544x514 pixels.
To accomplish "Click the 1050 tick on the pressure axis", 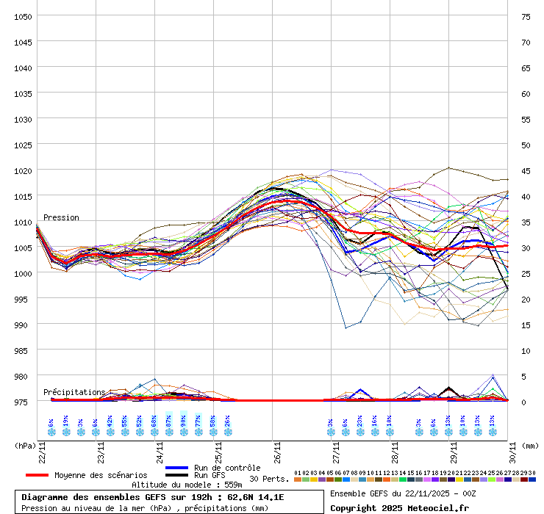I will coord(22,16).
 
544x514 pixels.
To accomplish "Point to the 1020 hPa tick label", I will coord(22,170).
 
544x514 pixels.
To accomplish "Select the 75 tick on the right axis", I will coord(526,16).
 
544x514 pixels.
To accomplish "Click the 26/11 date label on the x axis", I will coord(277,449).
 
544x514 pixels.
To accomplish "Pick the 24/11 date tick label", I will coord(160,449).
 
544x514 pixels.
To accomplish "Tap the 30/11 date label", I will coord(512,449).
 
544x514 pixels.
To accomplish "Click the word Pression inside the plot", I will coord(61,218).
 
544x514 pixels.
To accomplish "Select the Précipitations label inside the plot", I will coord(74,393).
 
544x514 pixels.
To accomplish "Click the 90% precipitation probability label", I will coord(183,422).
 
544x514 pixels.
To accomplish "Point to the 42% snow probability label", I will coord(110,422).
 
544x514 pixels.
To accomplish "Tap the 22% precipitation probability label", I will coord(359,422).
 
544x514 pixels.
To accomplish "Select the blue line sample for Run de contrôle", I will coord(177,468).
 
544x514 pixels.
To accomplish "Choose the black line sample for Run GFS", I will coord(177,475).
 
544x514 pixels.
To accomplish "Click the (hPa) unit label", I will coord(25,445).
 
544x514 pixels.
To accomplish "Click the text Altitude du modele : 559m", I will coord(187,485).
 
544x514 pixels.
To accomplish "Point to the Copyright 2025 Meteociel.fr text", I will coord(399,507).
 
